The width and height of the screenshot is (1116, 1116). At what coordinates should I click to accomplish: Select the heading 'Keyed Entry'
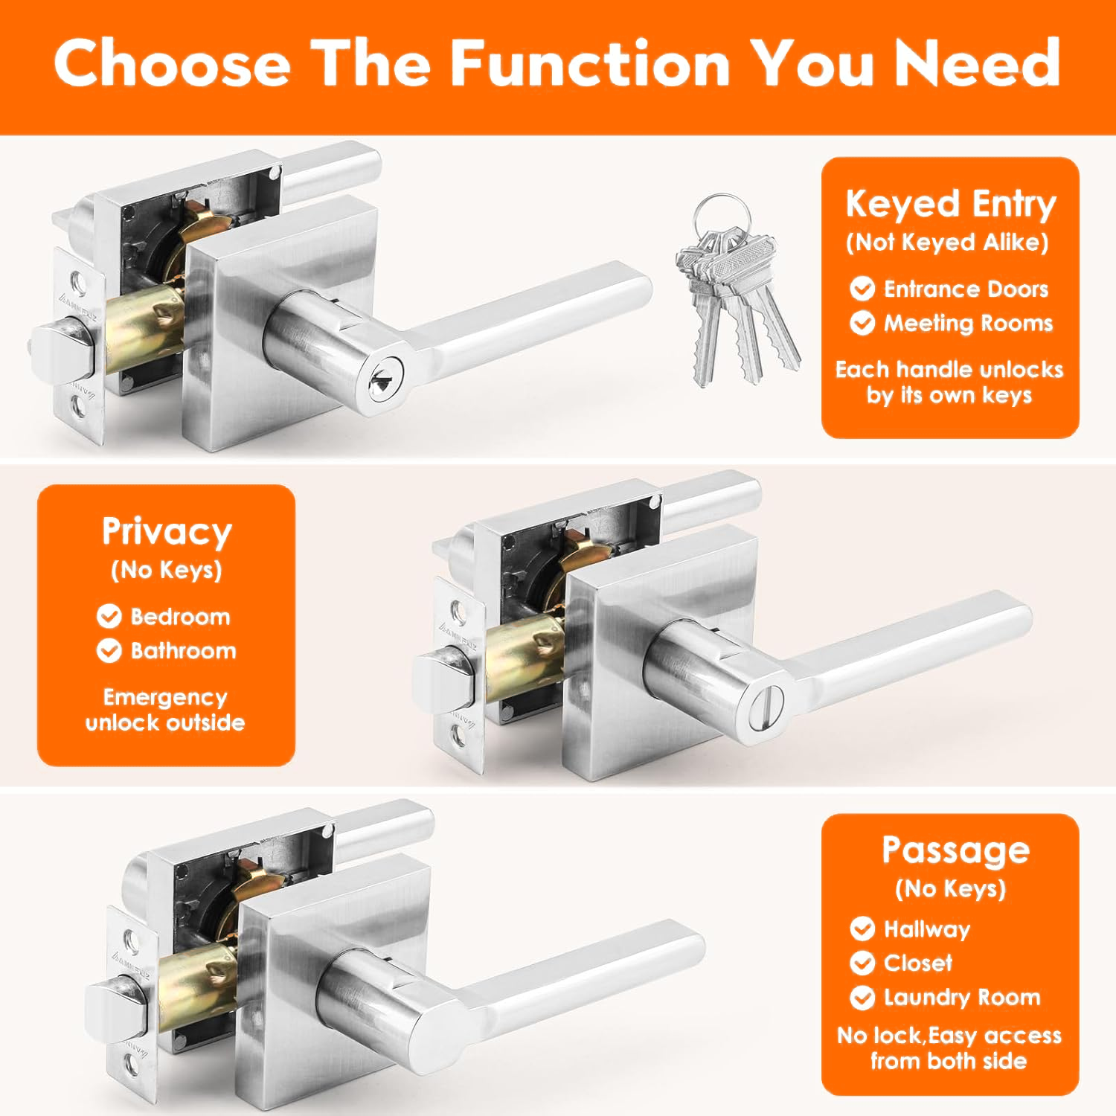pos(951,205)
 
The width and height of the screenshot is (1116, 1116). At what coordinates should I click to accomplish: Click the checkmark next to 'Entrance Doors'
pos(862,288)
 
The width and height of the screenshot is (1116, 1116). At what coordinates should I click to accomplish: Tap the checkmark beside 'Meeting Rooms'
pos(862,323)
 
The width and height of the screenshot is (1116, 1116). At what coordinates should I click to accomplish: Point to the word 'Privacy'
pos(167,533)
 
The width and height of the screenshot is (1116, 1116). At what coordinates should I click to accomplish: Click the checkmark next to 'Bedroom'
pos(109,616)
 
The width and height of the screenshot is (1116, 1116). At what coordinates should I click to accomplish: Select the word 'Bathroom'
pos(183,651)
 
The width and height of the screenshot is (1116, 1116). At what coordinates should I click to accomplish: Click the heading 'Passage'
pos(956,850)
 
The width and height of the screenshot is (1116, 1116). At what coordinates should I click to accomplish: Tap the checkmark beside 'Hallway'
pos(862,929)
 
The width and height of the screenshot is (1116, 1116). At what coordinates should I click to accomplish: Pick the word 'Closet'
pos(918,963)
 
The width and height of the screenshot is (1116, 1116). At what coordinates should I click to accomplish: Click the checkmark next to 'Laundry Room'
pos(862,997)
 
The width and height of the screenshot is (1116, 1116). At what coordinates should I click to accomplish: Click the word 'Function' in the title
pos(591,63)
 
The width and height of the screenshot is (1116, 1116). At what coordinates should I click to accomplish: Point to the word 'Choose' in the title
pos(172,63)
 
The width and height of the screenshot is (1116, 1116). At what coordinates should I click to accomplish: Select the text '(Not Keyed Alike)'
pos(947,243)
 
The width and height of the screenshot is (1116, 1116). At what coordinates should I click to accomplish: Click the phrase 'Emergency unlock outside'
pos(165,710)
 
